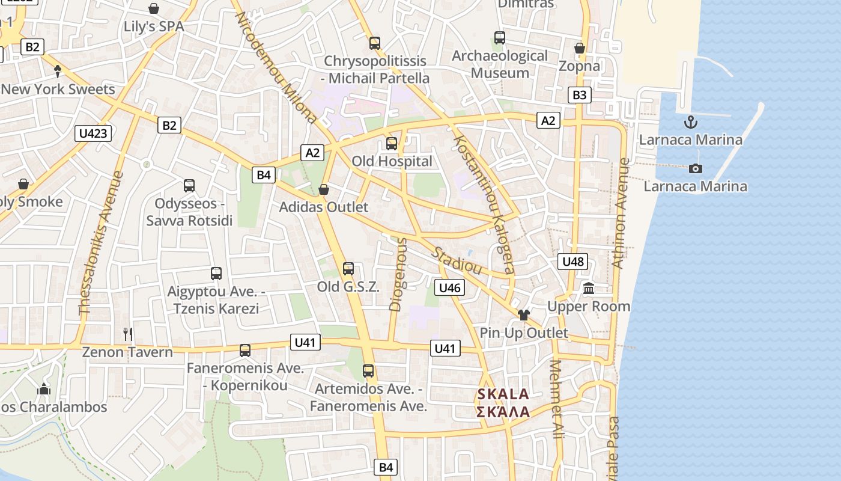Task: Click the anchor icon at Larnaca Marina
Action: click(691, 123)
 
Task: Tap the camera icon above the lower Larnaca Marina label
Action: click(696, 168)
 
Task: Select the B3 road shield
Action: click(579, 94)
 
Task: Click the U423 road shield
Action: click(93, 133)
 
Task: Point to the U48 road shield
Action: click(572, 262)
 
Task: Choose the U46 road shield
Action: click(449, 287)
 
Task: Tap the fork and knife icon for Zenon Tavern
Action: click(127, 334)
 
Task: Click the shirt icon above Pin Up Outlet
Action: click(523, 314)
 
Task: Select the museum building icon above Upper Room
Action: click(589, 289)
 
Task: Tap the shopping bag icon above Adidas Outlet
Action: click(324, 189)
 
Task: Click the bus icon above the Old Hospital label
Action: click(392, 144)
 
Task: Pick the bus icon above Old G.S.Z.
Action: click(348, 269)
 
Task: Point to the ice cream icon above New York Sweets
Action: click(58, 72)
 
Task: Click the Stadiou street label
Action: click(457, 260)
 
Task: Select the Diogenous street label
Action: click(398, 274)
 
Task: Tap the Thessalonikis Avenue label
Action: click(100, 243)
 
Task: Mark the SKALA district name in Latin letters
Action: click(503, 394)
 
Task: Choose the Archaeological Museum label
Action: click(500, 64)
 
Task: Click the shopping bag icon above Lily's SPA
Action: click(154, 8)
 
